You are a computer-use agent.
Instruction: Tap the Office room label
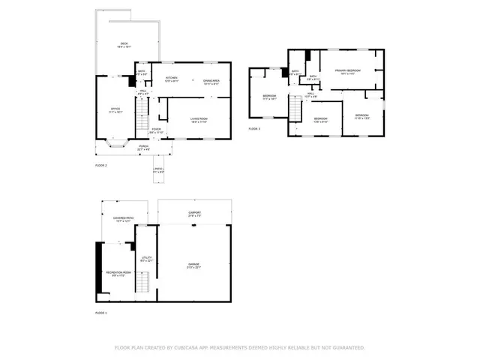coord(115,109)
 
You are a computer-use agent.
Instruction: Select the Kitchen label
coord(171,79)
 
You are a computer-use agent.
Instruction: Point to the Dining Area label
coord(211,82)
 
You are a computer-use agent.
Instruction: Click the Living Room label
coord(199,118)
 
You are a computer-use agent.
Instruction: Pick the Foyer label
coord(156,130)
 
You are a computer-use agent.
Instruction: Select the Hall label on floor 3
coord(310,94)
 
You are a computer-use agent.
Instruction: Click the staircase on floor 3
coord(296,111)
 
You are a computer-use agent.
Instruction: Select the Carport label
coord(194,214)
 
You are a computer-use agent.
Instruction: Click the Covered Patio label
coord(122,219)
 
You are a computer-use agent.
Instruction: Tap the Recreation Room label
coord(114,272)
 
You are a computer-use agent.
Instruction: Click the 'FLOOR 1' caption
coord(101,312)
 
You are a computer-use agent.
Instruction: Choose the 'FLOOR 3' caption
coord(254,129)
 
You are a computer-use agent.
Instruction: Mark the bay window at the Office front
coord(115,142)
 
